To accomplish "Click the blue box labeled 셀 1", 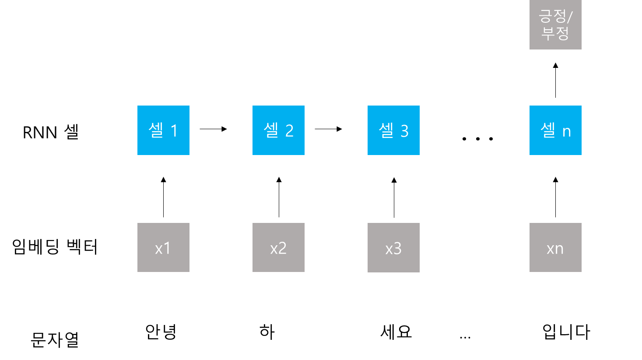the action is [163, 130].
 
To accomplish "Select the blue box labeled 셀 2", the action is [278, 130].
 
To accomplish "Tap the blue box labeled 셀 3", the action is [393, 130].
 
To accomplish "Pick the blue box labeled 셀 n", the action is [555, 130].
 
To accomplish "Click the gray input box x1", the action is [163, 247].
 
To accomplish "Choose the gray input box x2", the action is [278, 247].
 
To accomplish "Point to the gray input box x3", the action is [393, 247].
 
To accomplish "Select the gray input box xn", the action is [555, 247].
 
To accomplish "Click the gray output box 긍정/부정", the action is [555, 25].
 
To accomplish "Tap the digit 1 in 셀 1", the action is [174, 131].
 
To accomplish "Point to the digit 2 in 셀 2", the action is [289, 131].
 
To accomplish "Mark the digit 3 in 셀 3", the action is [404, 131].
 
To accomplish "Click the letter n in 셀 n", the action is [567, 131].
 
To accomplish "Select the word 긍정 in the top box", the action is [552, 17].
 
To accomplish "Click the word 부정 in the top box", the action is [555, 33].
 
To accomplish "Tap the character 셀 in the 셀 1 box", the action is [156, 130].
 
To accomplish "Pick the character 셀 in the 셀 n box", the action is [548, 130].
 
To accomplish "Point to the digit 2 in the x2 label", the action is [282, 248].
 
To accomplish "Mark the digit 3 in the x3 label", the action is [397, 249].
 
